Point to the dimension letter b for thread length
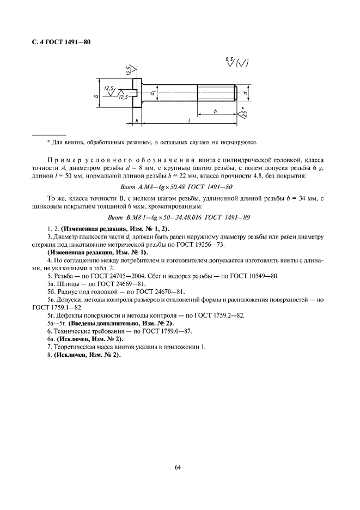coord(216,111)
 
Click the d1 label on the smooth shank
coord(154,93)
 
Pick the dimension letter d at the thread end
coord(247,93)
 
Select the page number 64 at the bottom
coord(178,467)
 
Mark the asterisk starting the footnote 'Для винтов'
coord(48,143)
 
